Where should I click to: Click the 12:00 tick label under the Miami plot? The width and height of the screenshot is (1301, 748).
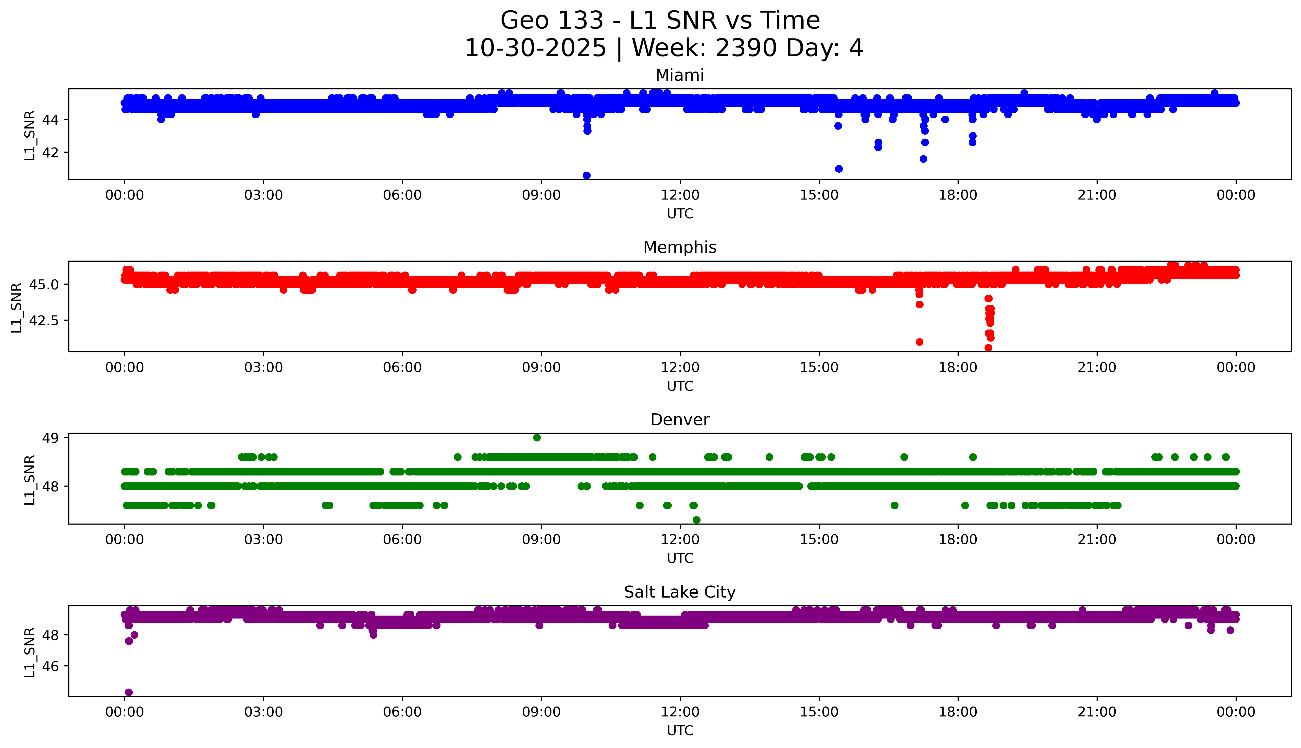(x=680, y=195)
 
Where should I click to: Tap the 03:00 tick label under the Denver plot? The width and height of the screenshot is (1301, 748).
(x=264, y=539)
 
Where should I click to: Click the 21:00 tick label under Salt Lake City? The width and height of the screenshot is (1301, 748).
(x=1097, y=712)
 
